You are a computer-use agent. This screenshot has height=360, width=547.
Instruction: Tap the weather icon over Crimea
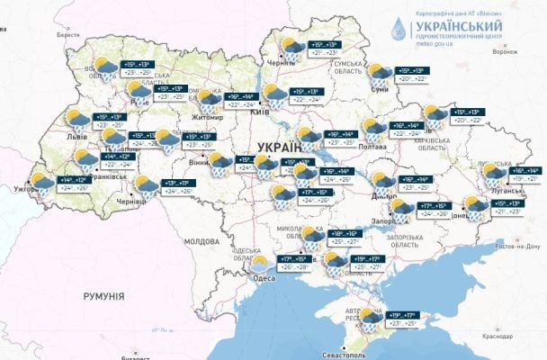(x=371, y=317)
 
